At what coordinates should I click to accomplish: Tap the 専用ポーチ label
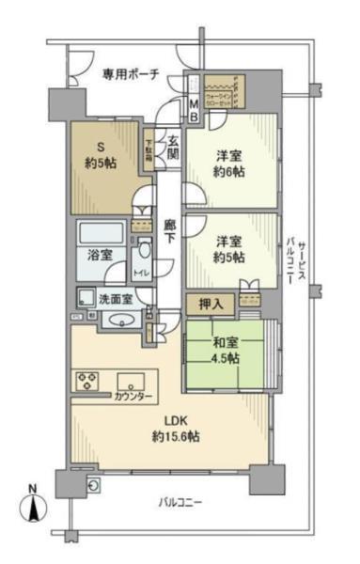click(130, 72)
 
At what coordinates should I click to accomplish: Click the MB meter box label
click(194, 110)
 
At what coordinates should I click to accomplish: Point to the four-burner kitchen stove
click(88, 382)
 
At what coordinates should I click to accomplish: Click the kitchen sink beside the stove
click(130, 381)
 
